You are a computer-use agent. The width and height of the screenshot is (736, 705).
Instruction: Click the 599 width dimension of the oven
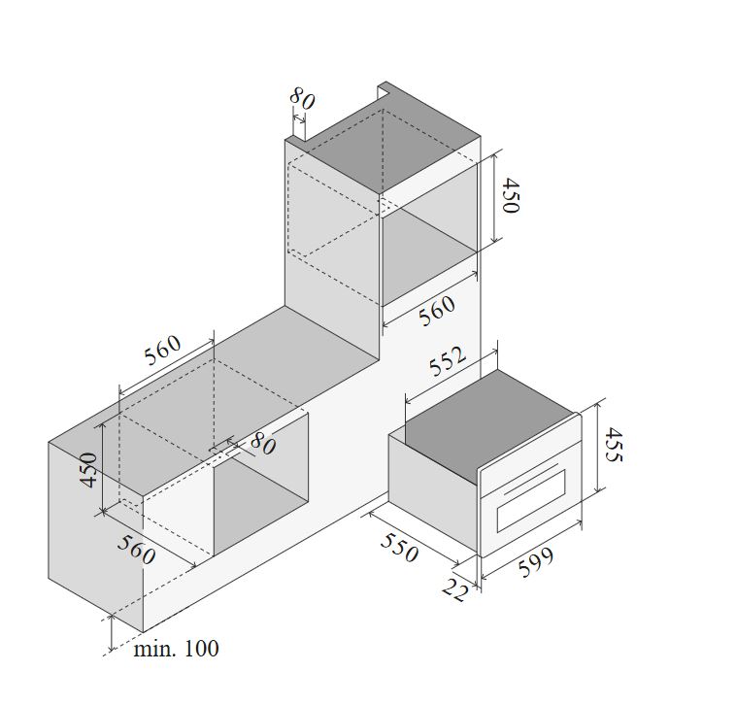click(x=536, y=561)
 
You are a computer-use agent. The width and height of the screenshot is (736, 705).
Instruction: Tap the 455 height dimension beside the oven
click(x=614, y=445)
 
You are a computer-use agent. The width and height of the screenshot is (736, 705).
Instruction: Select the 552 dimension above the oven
click(x=448, y=361)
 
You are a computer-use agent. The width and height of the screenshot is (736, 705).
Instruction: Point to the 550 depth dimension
click(x=399, y=548)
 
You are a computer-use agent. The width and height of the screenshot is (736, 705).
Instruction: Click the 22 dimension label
click(x=455, y=588)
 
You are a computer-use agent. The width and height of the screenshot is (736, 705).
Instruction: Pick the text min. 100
click(x=176, y=649)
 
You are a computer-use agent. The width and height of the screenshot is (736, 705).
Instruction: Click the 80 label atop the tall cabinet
click(x=302, y=99)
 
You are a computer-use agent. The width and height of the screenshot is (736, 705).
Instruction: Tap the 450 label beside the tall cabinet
click(x=510, y=195)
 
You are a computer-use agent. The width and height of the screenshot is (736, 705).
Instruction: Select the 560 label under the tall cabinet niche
click(x=437, y=311)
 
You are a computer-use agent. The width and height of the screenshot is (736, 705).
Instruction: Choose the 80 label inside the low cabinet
click(x=263, y=444)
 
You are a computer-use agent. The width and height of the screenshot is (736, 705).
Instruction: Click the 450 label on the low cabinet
click(x=88, y=470)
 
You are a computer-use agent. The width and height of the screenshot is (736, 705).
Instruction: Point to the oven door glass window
click(x=531, y=501)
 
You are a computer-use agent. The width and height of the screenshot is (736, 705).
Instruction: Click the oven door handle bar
click(x=531, y=480)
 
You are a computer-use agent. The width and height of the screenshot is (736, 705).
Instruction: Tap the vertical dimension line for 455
click(x=597, y=448)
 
